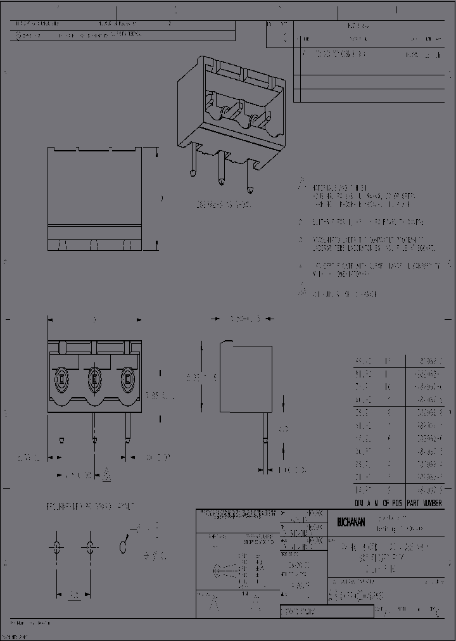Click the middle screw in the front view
pyautogui.click(x=94, y=380)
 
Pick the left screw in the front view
pyautogui.click(x=61, y=380)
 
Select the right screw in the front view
pyautogui.click(x=127, y=380)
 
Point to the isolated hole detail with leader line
pyautogui.click(x=125, y=546)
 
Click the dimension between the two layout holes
pyautogui.click(x=73, y=595)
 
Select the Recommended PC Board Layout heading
pyautogui.click(x=89, y=507)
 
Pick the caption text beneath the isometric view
pyautogui.click(x=224, y=206)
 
